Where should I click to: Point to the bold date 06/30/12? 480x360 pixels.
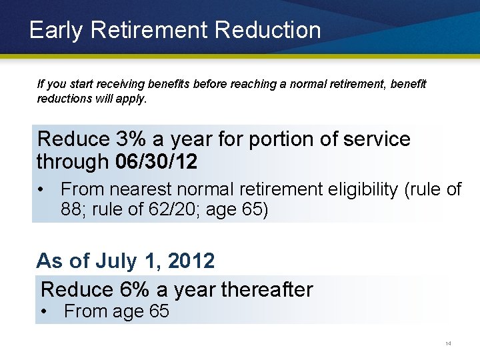point(156,161)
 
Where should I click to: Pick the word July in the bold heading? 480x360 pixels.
point(115,261)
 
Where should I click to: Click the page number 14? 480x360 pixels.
point(448,344)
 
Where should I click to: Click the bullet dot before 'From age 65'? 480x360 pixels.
point(43,311)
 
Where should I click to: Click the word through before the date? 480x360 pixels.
point(73,161)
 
